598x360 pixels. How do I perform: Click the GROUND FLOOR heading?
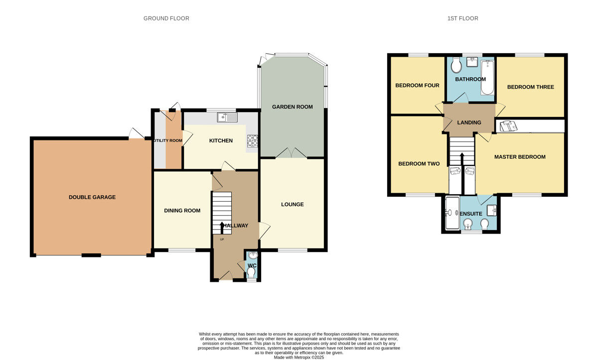point(166,18)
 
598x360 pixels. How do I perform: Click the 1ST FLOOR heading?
point(462,18)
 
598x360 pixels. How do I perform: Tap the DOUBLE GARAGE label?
point(92,197)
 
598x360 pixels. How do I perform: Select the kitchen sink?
point(227,118)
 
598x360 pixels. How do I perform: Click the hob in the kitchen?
point(252,141)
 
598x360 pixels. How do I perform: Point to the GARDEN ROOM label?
point(293,107)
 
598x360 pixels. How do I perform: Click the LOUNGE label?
point(293,204)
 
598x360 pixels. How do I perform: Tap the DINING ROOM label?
point(182,211)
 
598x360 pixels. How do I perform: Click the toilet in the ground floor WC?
point(251,272)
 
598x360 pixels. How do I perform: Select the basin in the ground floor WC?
point(253,255)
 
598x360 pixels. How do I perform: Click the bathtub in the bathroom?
point(487,77)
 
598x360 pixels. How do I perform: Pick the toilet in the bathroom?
point(456,65)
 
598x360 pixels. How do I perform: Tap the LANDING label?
point(469,122)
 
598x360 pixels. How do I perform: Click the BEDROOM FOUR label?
point(417,85)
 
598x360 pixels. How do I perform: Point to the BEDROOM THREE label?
point(530,87)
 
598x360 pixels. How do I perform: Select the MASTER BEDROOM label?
point(520,157)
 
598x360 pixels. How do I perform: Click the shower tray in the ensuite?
point(452,213)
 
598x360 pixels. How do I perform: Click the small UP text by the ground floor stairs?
point(222,240)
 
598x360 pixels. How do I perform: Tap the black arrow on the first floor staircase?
point(462,159)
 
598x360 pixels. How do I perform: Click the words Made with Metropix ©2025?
point(299,358)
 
